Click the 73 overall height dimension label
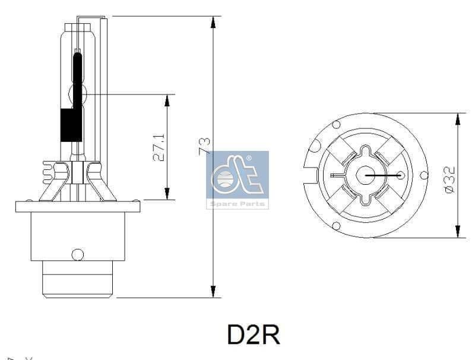pyautogui.click(x=204, y=146)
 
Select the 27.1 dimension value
pyautogui.click(x=159, y=147)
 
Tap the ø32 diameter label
pyautogui.click(x=449, y=178)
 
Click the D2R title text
pyautogui.click(x=253, y=335)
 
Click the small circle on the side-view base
pyautogui.click(x=77, y=254)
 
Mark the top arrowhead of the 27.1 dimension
pyautogui.click(x=167, y=100)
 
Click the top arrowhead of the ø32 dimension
pyautogui.click(x=457, y=119)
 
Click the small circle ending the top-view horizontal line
pyautogui.click(x=401, y=175)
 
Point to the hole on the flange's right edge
pyautogui.click(x=423, y=175)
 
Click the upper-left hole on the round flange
pyautogui.click(x=336, y=125)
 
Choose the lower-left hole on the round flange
pyautogui.click(x=336, y=226)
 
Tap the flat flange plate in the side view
pyautogui.click(x=78, y=207)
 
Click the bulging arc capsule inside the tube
pyautogui.click(x=77, y=94)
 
